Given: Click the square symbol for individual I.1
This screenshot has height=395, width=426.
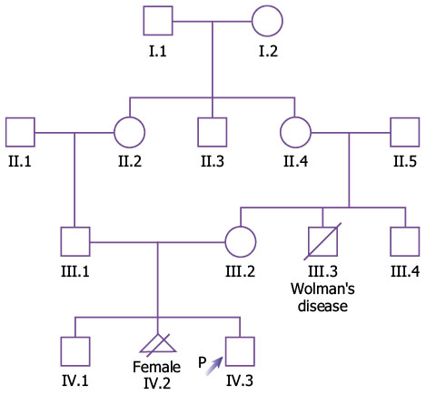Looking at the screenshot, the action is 144,21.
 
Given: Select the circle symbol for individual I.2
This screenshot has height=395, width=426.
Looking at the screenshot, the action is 253,21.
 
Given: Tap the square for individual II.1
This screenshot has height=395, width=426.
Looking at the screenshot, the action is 5,132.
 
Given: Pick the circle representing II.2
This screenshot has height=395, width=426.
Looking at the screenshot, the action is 114,133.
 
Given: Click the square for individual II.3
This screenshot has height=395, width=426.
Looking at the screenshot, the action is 198,132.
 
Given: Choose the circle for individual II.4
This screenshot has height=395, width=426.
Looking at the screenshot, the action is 281,133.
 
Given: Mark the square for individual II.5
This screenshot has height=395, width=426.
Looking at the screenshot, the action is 391,132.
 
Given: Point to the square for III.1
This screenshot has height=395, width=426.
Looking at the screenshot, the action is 61,241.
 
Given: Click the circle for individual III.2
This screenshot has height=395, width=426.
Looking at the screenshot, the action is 226,242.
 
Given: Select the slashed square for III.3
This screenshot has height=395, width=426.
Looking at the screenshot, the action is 322,241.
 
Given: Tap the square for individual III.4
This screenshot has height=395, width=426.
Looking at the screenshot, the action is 391,241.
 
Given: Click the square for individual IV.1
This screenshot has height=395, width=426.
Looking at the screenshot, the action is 61,351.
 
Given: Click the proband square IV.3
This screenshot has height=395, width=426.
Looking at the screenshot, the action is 226,351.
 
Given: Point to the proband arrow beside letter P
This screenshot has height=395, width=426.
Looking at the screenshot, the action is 214,366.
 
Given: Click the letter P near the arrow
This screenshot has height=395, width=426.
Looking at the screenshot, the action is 203,362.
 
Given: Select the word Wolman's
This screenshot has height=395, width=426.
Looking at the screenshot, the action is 322,289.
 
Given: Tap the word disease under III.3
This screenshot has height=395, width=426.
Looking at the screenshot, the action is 322,306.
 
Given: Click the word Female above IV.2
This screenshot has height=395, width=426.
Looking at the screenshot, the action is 157,367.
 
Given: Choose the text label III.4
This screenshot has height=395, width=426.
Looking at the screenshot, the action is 405,271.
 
